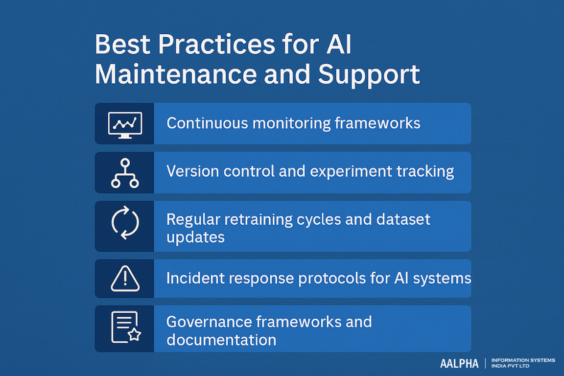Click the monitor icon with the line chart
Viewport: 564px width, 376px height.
tap(124, 124)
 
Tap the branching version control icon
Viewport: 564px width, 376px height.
tap(124, 172)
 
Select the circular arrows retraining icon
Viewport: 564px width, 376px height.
tap(125, 223)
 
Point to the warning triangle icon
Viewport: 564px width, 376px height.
tap(125, 279)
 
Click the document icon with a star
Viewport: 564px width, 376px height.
tap(125, 328)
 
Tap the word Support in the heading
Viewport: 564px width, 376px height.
tap(369, 75)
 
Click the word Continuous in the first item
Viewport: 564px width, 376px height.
tap(207, 123)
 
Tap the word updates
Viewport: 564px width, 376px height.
tap(195, 237)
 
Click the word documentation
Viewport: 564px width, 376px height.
tap(221, 339)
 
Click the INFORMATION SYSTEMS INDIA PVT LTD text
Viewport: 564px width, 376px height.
tap(523, 363)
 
